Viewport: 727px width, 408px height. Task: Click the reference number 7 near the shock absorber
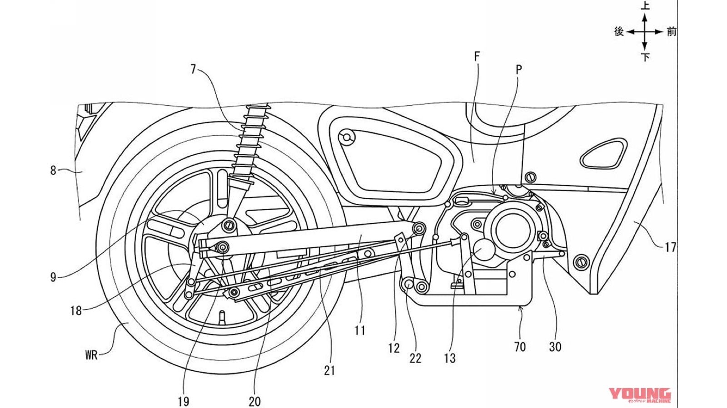pyautogui.click(x=194, y=69)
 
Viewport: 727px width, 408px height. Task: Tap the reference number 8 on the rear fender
pyautogui.click(x=53, y=171)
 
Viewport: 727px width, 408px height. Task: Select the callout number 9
pyautogui.click(x=53, y=277)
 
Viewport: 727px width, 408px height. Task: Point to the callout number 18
pyautogui.click(x=76, y=311)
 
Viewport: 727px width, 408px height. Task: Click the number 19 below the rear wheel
pyautogui.click(x=183, y=401)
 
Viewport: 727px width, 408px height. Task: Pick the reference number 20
pyautogui.click(x=255, y=401)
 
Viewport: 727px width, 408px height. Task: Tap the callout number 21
pyautogui.click(x=329, y=371)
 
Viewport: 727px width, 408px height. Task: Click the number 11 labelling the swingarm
pyautogui.click(x=360, y=330)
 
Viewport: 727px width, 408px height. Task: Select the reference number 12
pyautogui.click(x=394, y=348)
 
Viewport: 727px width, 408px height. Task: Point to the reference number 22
pyautogui.click(x=415, y=358)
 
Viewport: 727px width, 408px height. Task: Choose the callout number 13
pyautogui.click(x=450, y=358)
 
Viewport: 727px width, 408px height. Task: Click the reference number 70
pyautogui.click(x=520, y=347)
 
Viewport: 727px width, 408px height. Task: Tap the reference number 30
pyautogui.click(x=555, y=347)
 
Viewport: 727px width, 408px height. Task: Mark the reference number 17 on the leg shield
pyautogui.click(x=670, y=247)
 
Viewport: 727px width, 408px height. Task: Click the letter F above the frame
pyautogui.click(x=477, y=56)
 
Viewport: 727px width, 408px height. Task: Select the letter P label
pyautogui.click(x=519, y=69)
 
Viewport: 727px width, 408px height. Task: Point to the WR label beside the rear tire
pyautogui.click(x=91, y=355)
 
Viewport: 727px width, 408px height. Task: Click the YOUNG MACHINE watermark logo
pyautogui.click(x=640, y=395)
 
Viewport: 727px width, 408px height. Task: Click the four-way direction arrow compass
pyautogui.click(x=644, y=31)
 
